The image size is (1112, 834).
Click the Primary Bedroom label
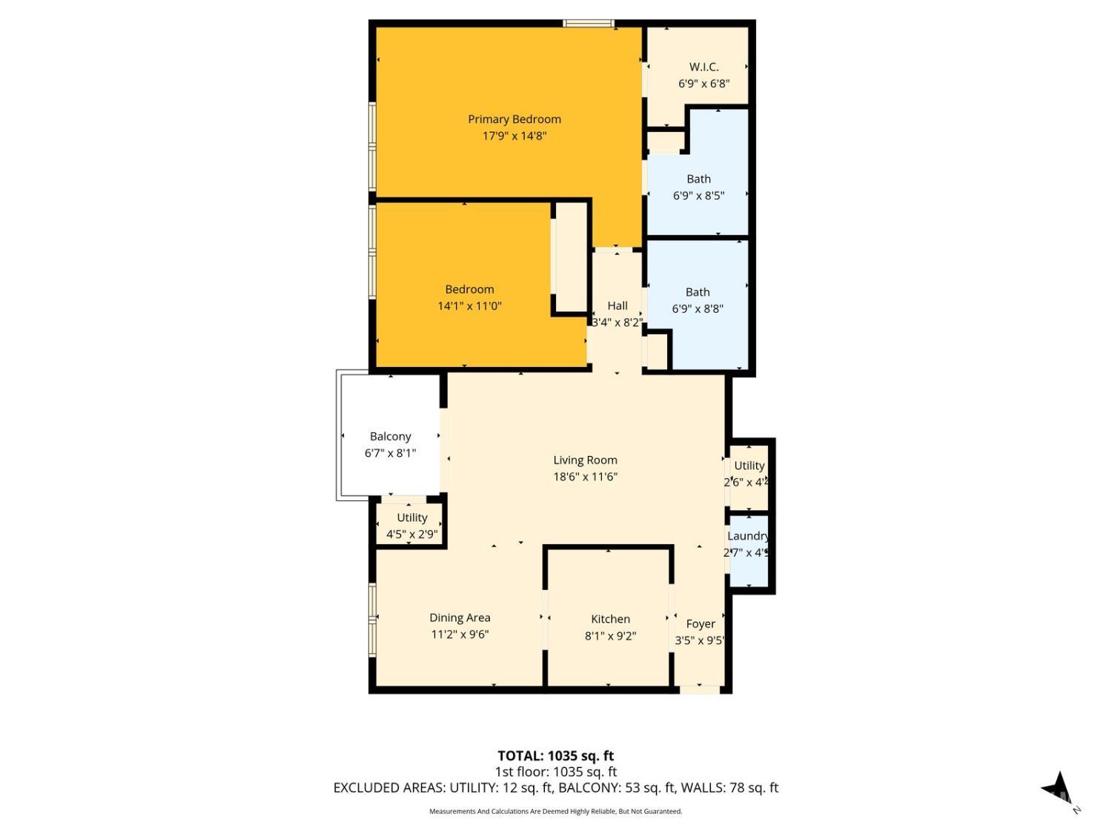pyautogui.click(x=514, y=119)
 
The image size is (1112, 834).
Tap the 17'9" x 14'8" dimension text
pyautogui.click(x=514, y=136)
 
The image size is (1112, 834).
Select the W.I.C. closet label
pyautogui.click(x=704, y=67)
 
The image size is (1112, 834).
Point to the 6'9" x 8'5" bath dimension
pyautogui.click(x=698, y=196)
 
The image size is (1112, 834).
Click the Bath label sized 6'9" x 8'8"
pyautogui.click(x=698, y=292)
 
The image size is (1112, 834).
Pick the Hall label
pyautogui.click(x=618, y=305)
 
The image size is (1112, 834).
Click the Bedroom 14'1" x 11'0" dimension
pyautogui.click(x=469, y=305)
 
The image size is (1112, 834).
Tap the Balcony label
pyautogui.click(x=390, y=437)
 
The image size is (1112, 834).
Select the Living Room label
pyautogui.click(x=585, y=460)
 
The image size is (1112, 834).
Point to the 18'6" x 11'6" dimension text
pyautogui.click(x=585, y=477)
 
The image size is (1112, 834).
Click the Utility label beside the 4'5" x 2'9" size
pyautogui.click(x=411, y=517)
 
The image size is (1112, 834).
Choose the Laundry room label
pyautogui.click(x=748, y=536)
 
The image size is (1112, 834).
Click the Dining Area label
pyautogui.click(x=460, y=618)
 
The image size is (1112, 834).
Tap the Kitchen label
pyautogui.click(x=610, y=619)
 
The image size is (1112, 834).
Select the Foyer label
pyautogui.click(x=701, y=624)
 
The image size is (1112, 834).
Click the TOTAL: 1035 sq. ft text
pyautogui.click(x=555, y=756)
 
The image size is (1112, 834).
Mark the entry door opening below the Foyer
pyautogui.click(x=700, y=689)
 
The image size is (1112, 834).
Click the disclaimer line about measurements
pyautogui.click(x=555, y=812)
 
